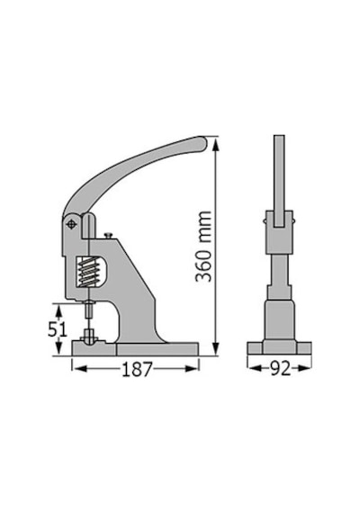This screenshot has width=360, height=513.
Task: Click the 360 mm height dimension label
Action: (x=203, y=247)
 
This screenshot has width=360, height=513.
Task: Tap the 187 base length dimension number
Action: (x=137, y=369)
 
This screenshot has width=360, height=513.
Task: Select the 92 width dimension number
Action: (x=281, y=368)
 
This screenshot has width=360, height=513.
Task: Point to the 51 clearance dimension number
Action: (x=58, y=328)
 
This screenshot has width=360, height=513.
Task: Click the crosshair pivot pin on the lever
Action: (x=71, y=224)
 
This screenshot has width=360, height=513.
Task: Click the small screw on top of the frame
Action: (x=108, y=235)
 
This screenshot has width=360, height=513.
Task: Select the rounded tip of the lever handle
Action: (x=202, y=143)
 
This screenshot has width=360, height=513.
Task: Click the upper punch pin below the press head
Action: (x=89, y=310)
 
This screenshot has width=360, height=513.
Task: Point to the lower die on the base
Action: (x=89, y=337)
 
